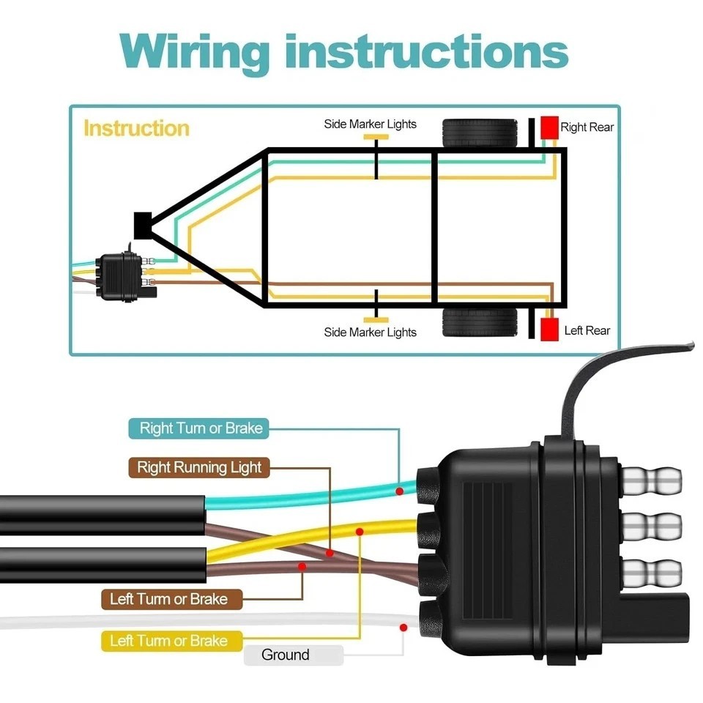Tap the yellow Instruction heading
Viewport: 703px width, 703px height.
(136, 128)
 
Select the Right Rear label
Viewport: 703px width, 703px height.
(587, 127)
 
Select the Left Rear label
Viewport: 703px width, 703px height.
(587, 331)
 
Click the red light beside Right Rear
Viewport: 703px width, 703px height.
(548, 127)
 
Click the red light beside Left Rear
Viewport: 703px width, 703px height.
(548, 330)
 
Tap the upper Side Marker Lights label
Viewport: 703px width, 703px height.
(370, 124)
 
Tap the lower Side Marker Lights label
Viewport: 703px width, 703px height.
(370, 332)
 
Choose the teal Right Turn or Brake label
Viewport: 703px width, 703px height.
(200, 428)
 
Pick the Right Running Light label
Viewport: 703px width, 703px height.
(199, 468)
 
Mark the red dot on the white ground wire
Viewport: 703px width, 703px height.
(403, 628)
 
